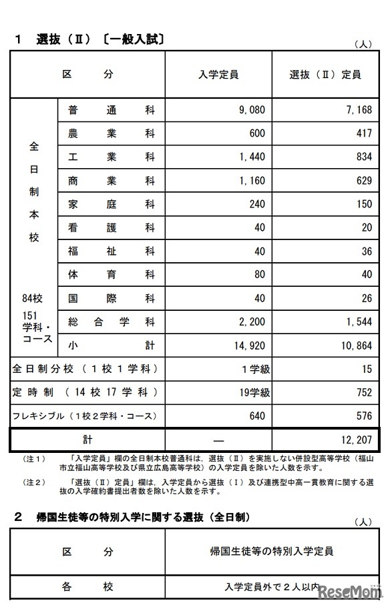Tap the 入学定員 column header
pyautogui.click(x=218, y=75)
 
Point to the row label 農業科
pyautogui.click(x=111, y=133)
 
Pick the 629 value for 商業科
pyautogui.click(x=363, y=180)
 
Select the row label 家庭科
pyautogui.click(x=111, y=204)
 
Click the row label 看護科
pyautogui.click(x=111, y=227)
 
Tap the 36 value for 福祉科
pyautogui.click(x=366, y=251)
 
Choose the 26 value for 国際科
pyautogui.click(x=366, y=298)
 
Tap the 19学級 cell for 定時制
pyautogui.click(x=252, y=392)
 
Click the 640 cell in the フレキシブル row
pyautogui.click(x=256, y=416)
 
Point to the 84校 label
pyautogui.click(x=33, y=297)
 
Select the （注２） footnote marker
pyautogui.click(x=33, y=482)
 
